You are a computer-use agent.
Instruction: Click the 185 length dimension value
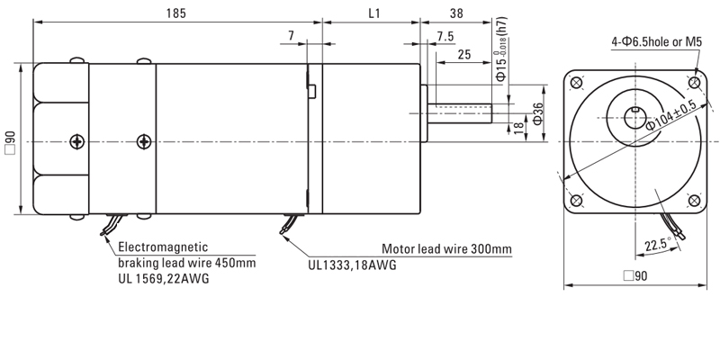[176, 13]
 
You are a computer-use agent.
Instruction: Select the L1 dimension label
[375, 13]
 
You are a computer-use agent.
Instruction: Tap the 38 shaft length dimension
[456, 13]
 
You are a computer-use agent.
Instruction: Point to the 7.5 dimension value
[445, 37]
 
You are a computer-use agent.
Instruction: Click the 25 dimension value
[464, 55]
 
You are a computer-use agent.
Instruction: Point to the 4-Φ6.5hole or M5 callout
[655, 41]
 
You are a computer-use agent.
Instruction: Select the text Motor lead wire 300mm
[446, 249]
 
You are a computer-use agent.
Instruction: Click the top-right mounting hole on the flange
[694, 83]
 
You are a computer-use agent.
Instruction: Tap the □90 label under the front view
[634, 276]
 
